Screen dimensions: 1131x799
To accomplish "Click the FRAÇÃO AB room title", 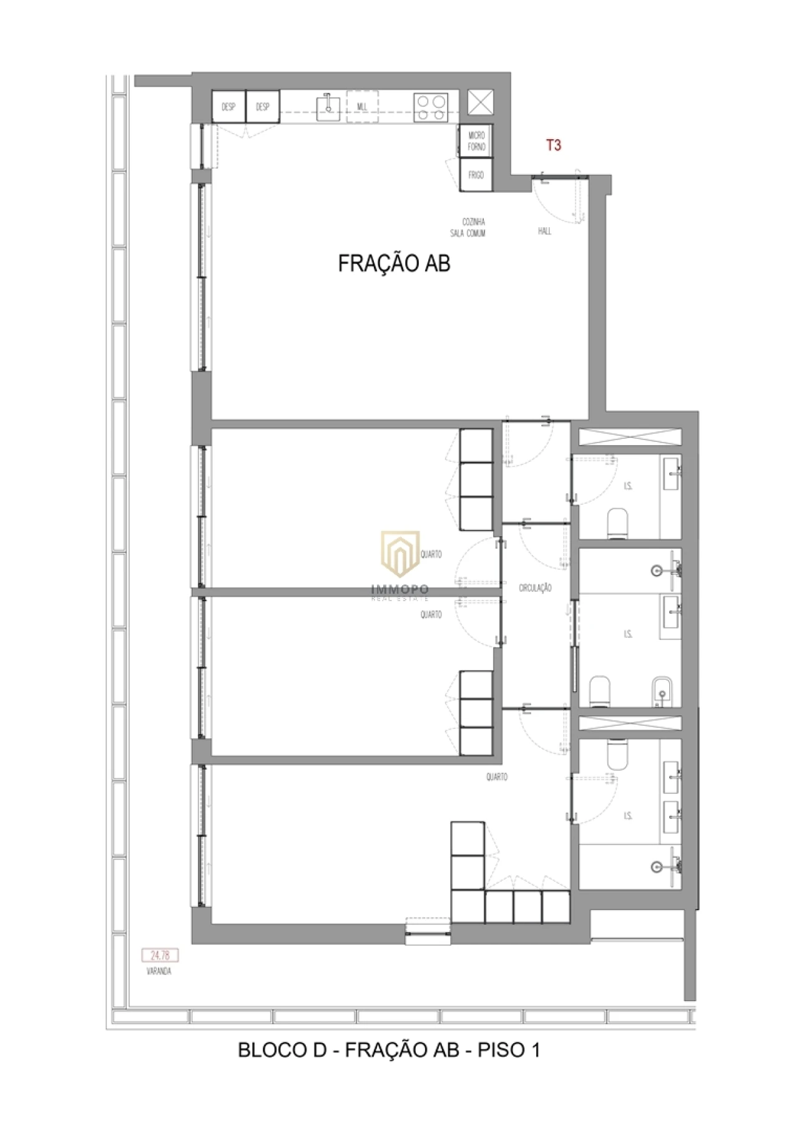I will coord(394,263).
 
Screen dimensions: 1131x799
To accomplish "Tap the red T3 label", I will coord(554,145).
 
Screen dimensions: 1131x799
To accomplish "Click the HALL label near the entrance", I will coord(544,231).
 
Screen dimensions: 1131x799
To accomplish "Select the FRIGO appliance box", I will coord(476,175).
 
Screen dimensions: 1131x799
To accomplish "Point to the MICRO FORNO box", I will coord(476,141).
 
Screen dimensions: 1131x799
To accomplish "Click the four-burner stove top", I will coord(431,106).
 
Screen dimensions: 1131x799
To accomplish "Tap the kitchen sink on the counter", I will coord(327,106).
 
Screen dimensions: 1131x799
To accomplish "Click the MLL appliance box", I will coord(362,107).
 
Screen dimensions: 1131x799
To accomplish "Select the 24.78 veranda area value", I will coord(160,955).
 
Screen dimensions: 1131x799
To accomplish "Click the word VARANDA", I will coord(159,971).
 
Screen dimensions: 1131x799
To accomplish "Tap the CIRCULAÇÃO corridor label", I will coord(535,588).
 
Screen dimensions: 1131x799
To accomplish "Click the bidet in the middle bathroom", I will coord(660,692).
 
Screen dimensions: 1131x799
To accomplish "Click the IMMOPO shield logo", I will coord(400,552).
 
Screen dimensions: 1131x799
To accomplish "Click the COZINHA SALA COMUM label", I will coord(468,227).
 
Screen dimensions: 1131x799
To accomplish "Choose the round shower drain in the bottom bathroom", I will coord(656,867).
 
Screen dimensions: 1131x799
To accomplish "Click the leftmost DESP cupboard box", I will coord(228,107).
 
